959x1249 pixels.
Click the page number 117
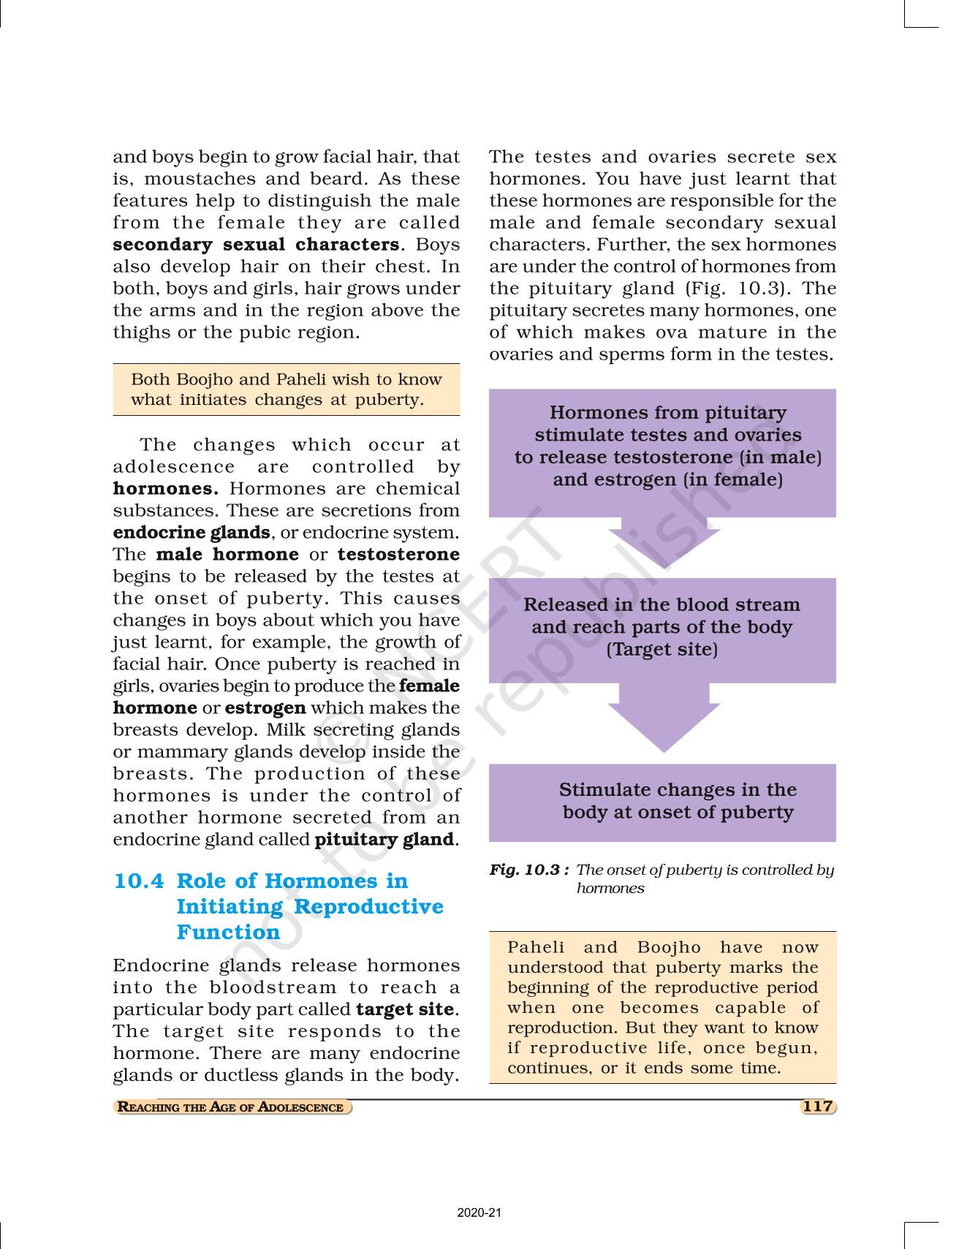pos(817,1106)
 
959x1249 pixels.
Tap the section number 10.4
pos(139,881)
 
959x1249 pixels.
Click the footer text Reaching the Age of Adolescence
pos(231,1106)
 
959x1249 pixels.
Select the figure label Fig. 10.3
pos(529,870)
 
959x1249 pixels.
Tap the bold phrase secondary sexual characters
pos(256,244)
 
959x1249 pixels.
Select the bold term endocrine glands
pos(191,532)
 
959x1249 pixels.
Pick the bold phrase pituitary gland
pos(384,839)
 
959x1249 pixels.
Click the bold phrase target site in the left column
pos(405,1009)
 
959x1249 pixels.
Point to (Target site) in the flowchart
pos(662,649)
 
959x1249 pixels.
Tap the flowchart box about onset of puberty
pos(662,802)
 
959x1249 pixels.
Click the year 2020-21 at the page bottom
pos(479,1212)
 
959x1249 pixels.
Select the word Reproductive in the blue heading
pos(368,906)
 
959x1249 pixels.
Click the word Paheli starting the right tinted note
pos(536,947)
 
